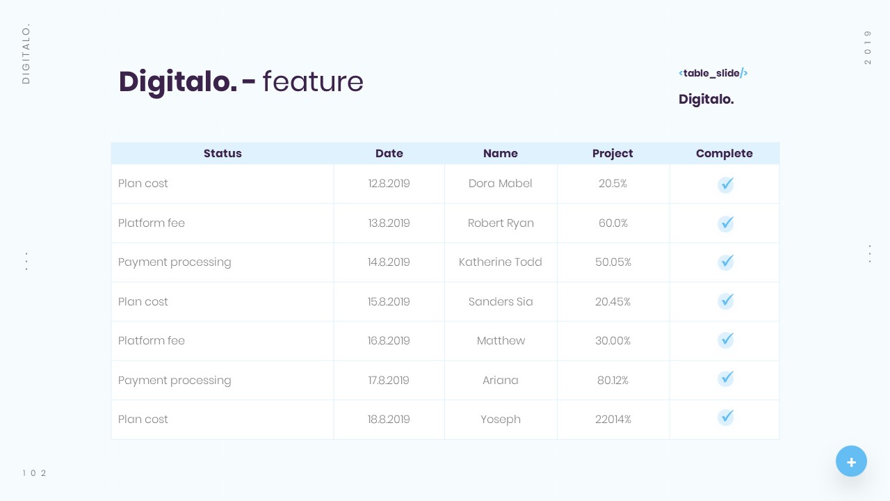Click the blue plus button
[x=851, y=461]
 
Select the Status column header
[x=222, y=154]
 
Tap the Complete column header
[x=724, y=154]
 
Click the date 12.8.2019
[x=389, y=184]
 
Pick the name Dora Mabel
[x=501, y=184]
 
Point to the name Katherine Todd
[x=501, y=262]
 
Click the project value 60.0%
[x=613, y=223]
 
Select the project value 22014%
[x=613, y=420]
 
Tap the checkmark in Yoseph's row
[x=726, y=417]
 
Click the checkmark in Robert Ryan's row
[x=726, y=223]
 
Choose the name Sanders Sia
[x=501, y=302]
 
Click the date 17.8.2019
[x=389, y=381]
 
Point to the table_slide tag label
[x=713, y=73]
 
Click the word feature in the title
[x=313, y=81]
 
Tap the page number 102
[x=34, y=473]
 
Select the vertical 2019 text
[x=868, y=47]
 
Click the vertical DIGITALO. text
[x=26, y=54]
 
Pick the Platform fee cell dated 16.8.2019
[x=152, y=341]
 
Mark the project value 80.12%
[x=613, y=381]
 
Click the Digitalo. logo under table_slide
[x=706, y=100]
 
